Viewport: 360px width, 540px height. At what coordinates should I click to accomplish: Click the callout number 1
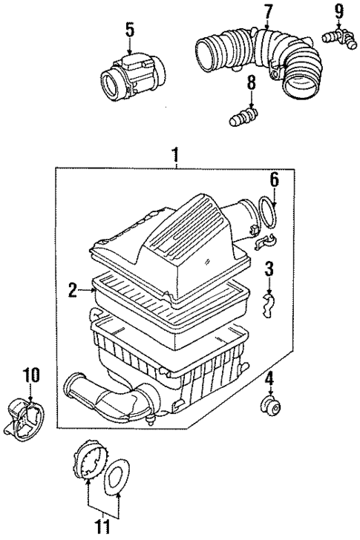click(176, 157)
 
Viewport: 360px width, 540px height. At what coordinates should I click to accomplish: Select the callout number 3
click(270, 267)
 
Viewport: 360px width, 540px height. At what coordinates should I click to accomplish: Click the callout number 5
click(129, 30)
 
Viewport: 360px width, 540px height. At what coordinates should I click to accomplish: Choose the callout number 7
click(267, 11)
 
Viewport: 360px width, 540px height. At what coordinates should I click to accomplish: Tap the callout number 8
click(251, 84)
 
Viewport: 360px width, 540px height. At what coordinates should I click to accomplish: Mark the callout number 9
click(338, 11)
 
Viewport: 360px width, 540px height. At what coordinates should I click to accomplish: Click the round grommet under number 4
click(269, 406)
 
